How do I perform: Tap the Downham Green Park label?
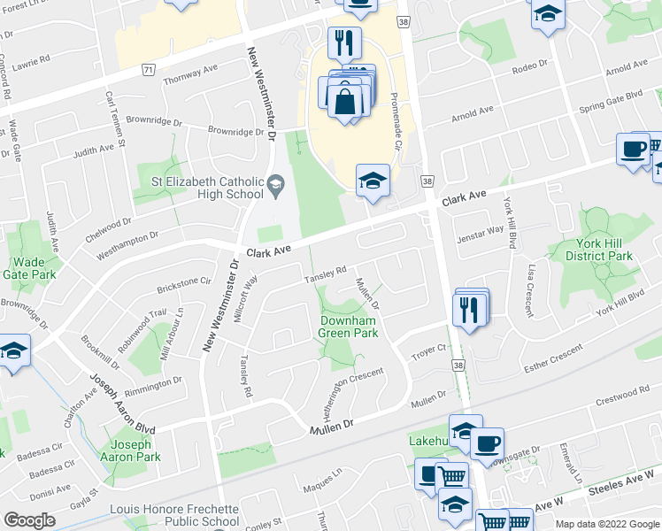point(349,326)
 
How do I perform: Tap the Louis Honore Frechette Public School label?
point(174,515)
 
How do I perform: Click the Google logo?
point(30,520)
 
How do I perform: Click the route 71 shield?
point(148,68)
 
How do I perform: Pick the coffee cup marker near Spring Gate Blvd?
point(633,149)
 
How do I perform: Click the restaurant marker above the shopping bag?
point(343,42)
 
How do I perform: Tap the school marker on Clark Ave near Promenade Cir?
point(373,181)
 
